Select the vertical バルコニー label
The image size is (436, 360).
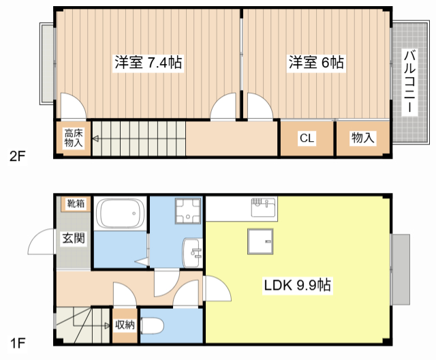(x=409, y=81)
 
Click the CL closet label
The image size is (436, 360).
(x=307, y=138)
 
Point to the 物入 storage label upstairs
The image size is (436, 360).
(x=362, y=138)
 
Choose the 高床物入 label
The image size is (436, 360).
(x=73, y=138)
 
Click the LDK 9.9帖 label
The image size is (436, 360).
(x=298, y=286)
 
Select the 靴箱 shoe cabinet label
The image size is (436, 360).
(x=76, y=203)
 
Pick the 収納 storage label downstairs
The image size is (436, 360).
(x=125, y=325)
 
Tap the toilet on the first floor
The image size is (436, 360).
(x=150, y=327)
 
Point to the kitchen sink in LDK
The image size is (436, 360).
(x=262, y=205)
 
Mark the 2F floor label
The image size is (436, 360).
(x=18, y=156)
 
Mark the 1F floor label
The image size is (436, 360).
(x=18, y=339)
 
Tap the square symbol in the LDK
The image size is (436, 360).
(x=260, y=241)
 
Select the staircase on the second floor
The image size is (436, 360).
(x=139, y=138)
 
